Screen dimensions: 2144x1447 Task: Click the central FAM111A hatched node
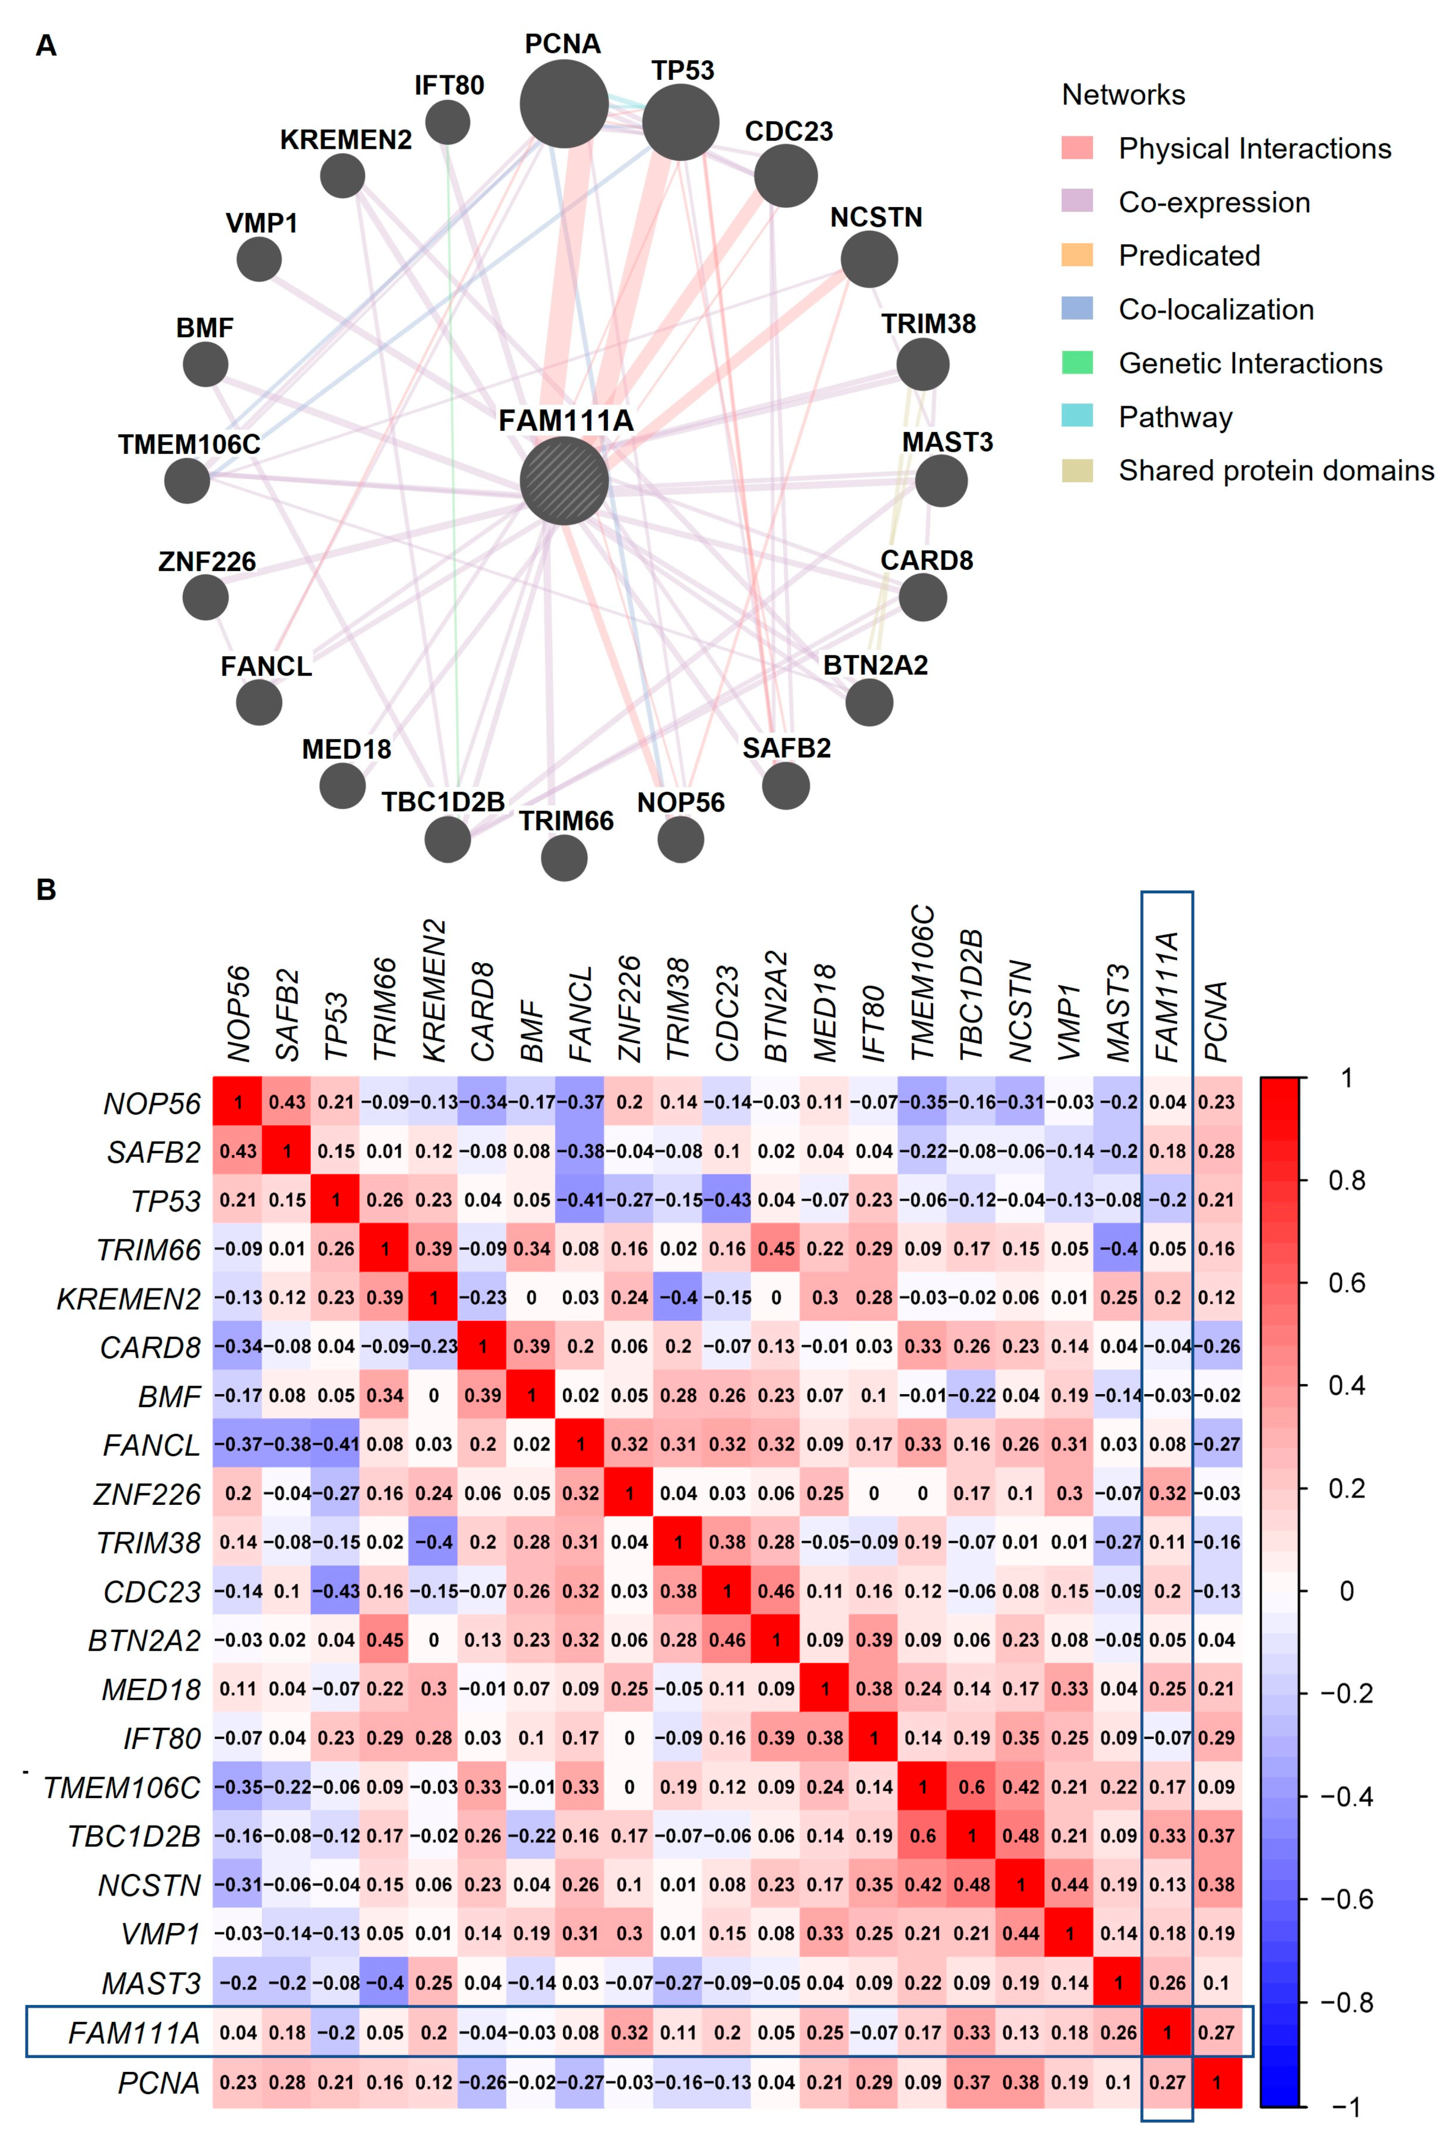(x=563, y=480)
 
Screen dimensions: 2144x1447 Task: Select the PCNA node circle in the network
(x=563, y=104)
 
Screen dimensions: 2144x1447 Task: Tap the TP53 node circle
(x=681, y=122)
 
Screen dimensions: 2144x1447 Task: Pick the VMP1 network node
(x=259, y=259)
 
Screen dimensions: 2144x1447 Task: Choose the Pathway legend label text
(x=1175, y=417)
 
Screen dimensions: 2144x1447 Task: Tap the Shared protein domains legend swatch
(x=1077, y=471)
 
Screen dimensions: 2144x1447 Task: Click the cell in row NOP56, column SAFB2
(x=287, y=1101)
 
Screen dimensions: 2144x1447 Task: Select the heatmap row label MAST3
(x=151, y=1983)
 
